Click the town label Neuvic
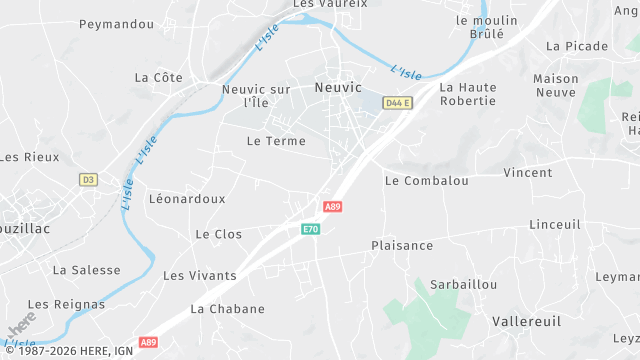(x=338, y=87)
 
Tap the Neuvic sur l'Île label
(x=256, y=96)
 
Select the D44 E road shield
(x=398, y=103)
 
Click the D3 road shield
(x=89, y=180)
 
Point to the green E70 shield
(x=311, y=230)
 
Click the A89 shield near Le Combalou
(x=334, y=206)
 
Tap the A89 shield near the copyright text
(x=149, y=342)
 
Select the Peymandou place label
(x=116, y=24)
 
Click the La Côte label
(x=158, y=77)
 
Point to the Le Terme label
(x=276, y=141)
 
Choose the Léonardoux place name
(x=187, y=199)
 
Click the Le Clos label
(x=219, y=234)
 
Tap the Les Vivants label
(x=200, y=275)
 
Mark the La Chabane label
(x=228, y=309)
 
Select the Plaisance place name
(x=402, y=245)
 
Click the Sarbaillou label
(x=463, y=285)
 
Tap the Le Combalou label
(x=427, y=181)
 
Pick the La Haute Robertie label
(x=468, y=94)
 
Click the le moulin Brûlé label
(x=487, y=26)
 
